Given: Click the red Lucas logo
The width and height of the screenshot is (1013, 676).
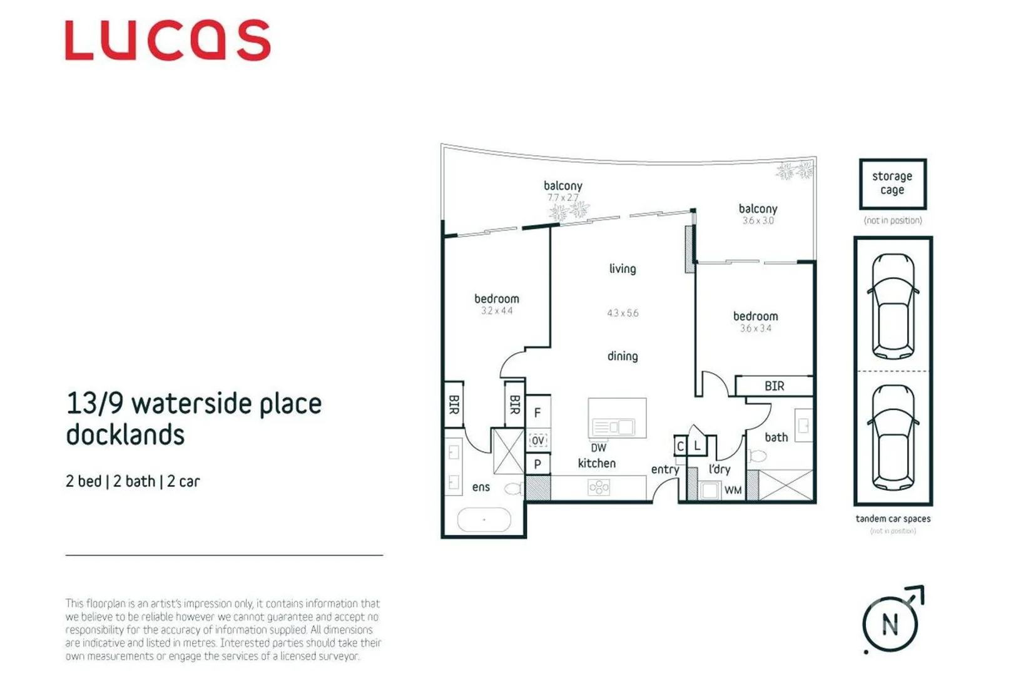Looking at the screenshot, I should (168, 40).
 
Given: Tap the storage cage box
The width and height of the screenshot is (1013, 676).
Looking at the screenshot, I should (892, 183).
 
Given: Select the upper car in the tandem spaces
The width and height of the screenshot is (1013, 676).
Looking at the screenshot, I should (893, 305).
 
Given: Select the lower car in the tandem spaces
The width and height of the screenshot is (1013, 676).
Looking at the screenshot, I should (893, 438).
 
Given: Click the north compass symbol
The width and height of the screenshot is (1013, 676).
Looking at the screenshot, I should (890, 623).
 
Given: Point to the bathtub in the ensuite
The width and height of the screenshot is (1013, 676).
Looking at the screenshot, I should (484, 520).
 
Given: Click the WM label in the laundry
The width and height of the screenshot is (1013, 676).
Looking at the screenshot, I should (733, 491).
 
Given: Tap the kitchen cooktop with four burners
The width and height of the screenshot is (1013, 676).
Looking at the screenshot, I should (599, 487).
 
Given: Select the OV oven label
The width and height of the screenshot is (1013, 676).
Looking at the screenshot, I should (537, 441).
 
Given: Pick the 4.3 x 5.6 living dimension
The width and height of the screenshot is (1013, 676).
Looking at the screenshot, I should (623, 313).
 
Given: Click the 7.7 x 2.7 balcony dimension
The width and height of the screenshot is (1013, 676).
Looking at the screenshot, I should (562, 198).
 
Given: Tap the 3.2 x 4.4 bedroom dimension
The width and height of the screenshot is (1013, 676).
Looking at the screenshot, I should (497, 310).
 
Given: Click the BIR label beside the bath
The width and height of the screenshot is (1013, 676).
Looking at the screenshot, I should (774, 386).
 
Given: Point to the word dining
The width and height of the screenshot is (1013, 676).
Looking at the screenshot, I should (623, 356).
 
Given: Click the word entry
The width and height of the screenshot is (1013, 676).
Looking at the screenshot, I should (664, 469).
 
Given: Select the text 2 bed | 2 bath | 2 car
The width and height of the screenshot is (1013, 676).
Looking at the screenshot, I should (133, 481).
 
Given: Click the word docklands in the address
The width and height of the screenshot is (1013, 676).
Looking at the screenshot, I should (125, 434).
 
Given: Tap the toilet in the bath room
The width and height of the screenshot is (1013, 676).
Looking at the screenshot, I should (758, 456).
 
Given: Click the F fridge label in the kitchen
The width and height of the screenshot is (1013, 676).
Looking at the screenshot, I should (537, 412).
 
